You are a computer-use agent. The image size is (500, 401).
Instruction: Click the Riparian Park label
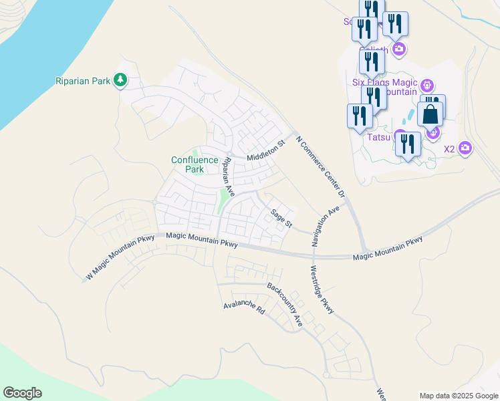pyautogui.click(x=82, y=81)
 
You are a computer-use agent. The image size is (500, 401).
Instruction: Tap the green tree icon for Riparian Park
pyautogui.click(x=120, y=81)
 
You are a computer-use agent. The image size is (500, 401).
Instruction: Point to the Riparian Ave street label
pyautogui.click(x=229, y=176)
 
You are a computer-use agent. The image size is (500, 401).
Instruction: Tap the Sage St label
pyautogui.click(x=281, y=218)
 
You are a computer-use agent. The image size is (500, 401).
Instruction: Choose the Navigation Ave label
pyautogui.click(x=326, y=225)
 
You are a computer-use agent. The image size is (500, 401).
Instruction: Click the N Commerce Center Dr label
pyautogui.click(x=320, y=164)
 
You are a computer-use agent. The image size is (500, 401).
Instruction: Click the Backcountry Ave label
pyautogui.click(x=285, y=304)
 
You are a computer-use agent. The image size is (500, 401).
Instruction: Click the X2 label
pyautogui.click(x=450, y=148)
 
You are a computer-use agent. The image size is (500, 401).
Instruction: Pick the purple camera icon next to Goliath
pyautogui.click(x=400, y=48)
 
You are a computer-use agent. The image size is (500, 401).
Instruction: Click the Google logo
pyautogui.click(x=22, y=393)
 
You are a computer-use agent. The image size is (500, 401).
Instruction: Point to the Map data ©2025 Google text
pyautogui.click(x=459, y=396)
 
